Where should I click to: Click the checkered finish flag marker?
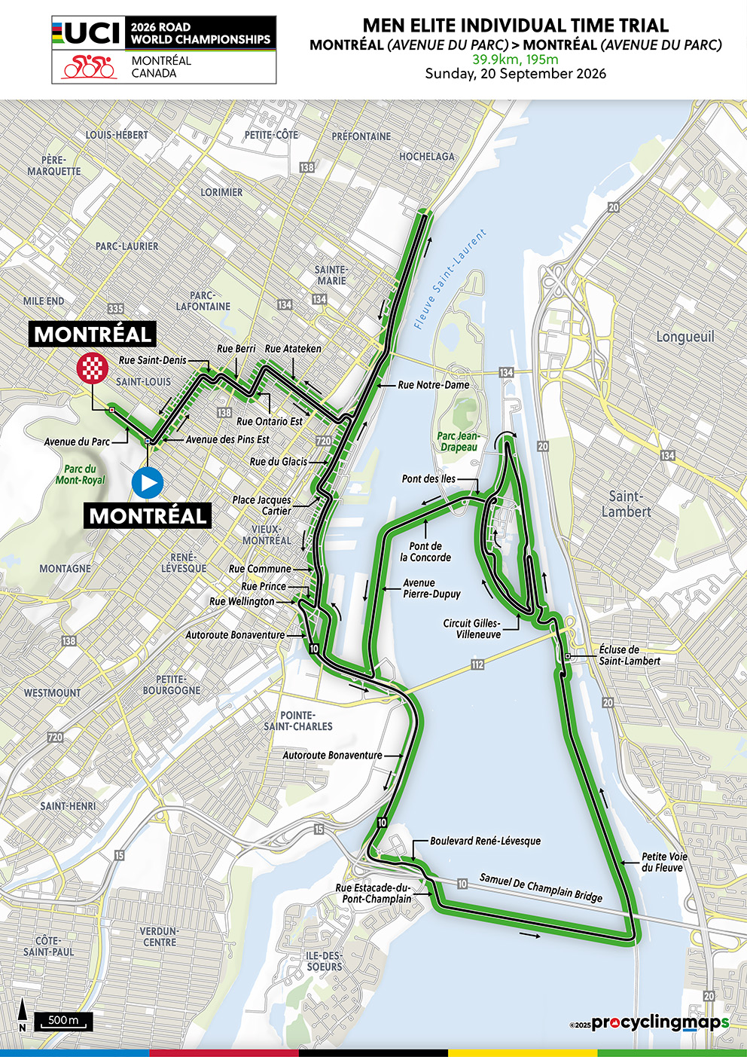[x=93, y=368]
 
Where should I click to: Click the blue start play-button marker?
[x=148, y=482]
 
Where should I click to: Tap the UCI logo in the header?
[x=87, y=33]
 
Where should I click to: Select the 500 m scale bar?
[x=66, y=1021]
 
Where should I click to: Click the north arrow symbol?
[x=23, y=1015]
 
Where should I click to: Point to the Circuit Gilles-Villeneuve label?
[x=471, y=629]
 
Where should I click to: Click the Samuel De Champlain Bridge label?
[x=541, y=887]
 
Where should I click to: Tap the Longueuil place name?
[x=684, y=337]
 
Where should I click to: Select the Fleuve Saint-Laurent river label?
[x=450, y=280]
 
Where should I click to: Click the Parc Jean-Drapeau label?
[x=458, y=441]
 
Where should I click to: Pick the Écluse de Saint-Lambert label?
[x=630, y=655]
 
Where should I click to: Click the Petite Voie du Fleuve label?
[x=664, y=862]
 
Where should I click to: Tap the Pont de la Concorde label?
[x=425, y=551]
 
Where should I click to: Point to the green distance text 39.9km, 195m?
[x=515, y=60]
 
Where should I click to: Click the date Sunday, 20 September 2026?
[x=515, y=74]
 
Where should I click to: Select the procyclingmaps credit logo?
[x=659, y=1022]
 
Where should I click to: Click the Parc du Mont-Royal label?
[x=80, y=475]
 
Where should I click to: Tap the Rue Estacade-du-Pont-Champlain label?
[x=373, y=894]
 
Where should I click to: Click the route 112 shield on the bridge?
[x=477, y=664]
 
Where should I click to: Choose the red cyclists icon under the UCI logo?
[x=89, y=67]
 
